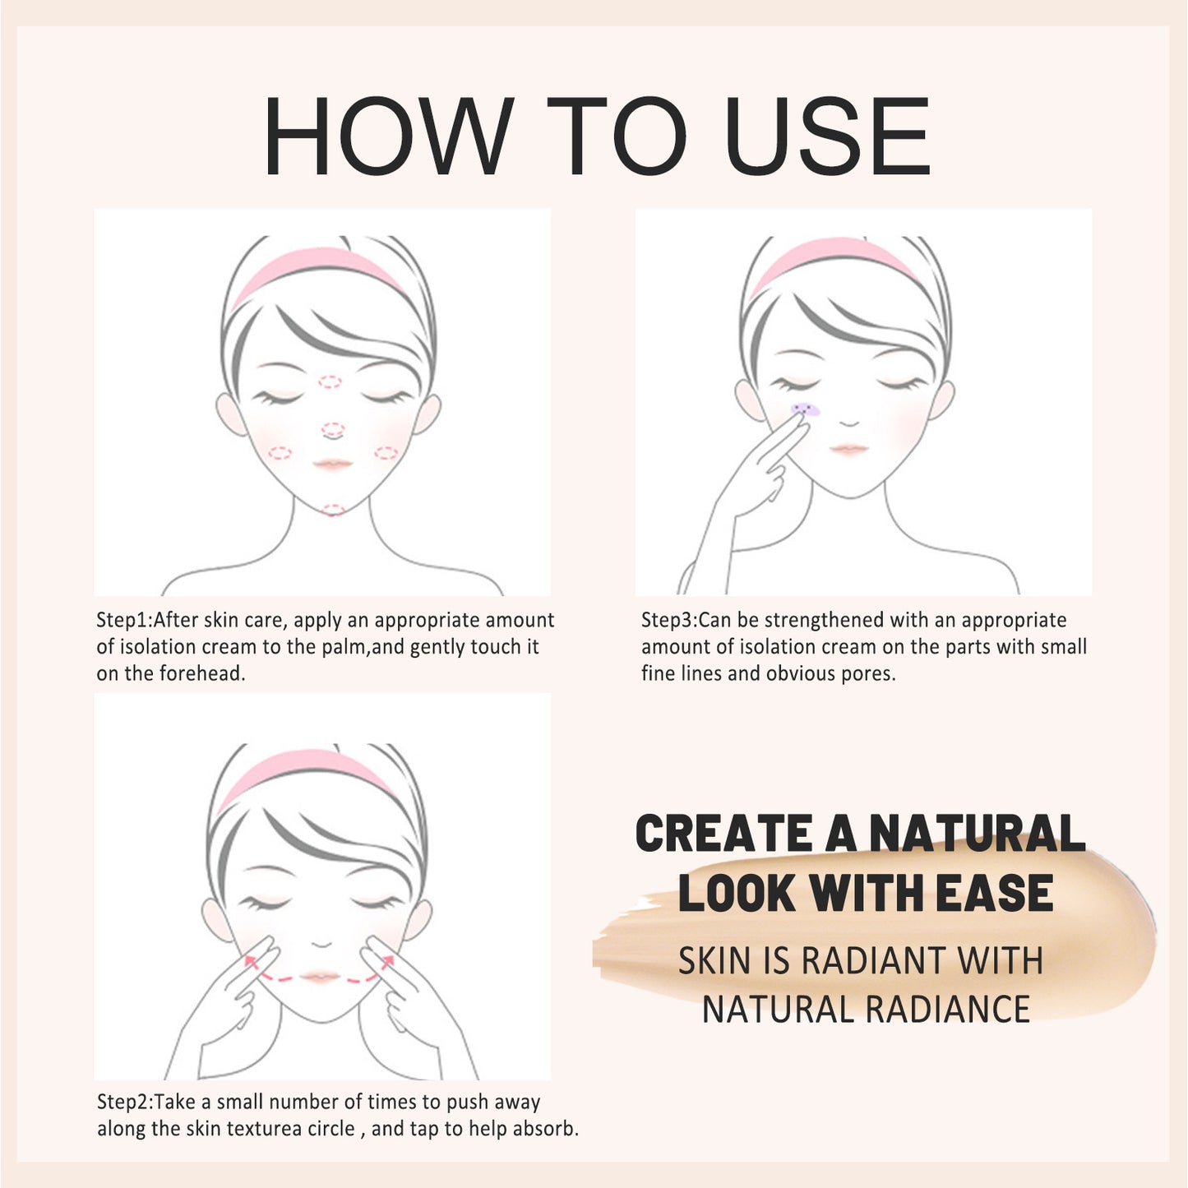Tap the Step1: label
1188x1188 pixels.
coord(124,621)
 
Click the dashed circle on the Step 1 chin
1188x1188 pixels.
coord(332,510)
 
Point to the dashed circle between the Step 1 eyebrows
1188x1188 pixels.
coord(330,381)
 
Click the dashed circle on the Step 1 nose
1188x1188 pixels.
coord(332,429)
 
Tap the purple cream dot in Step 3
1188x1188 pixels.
coord(805,409)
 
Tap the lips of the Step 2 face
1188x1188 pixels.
coord(320,977)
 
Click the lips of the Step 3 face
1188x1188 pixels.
coord(849,449)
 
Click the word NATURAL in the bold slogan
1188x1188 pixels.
coord(978,834)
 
